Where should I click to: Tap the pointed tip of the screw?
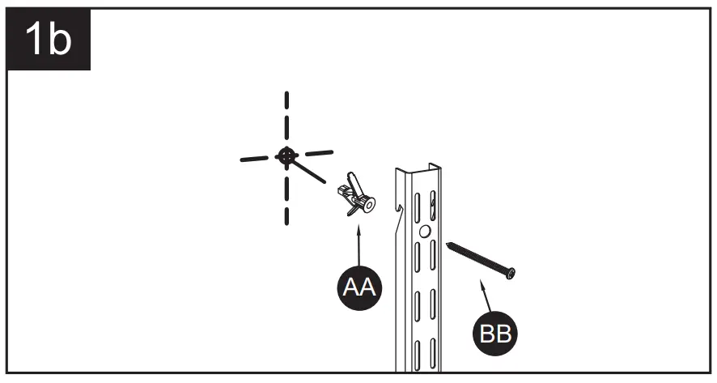click(x=446, y=242)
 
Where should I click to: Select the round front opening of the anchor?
click(x=369, y=205)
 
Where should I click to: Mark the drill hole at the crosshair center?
click(x=285, y=155)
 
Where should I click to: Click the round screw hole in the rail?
click(x=425, y=232)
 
